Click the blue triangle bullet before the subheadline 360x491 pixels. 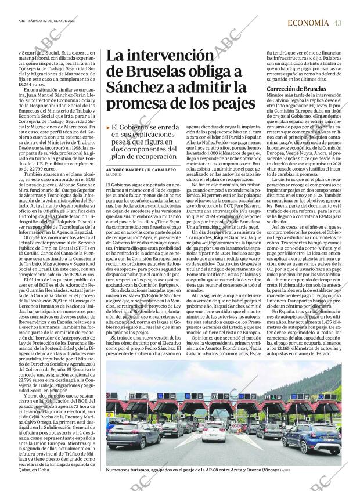[107, 127]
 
